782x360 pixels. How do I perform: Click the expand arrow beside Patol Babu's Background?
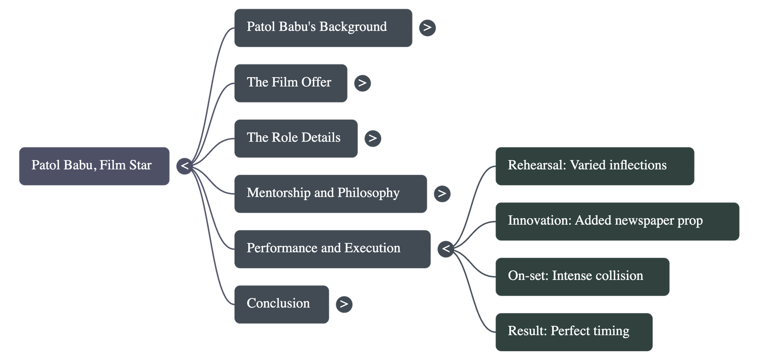(427, 27)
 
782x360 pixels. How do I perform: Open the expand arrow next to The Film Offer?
(362, 83)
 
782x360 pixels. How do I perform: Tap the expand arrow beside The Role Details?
(372, 138)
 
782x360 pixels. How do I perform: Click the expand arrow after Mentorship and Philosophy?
(442, 193)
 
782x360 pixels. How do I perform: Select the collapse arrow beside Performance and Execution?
(446, 249)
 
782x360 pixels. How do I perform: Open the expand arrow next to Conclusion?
(344, 304)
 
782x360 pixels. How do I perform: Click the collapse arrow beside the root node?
(184, 166)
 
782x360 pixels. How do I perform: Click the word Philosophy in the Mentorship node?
(368, 193)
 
